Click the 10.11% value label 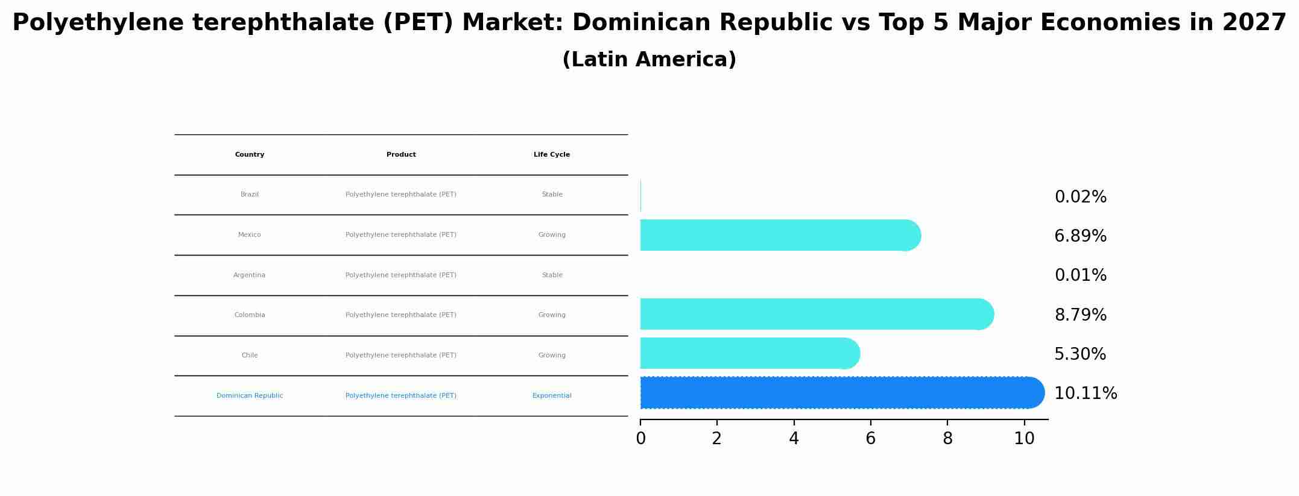tap(1086, 394)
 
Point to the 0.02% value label tap(1080, 197)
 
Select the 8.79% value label tap(1080, 315)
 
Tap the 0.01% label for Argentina tap(1080, 275)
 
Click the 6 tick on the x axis tap(870, 438)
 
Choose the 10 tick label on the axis tap(1024, 438)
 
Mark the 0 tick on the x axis tap(640, 438)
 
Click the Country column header tap(250, 155)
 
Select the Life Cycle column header tap(552, 155)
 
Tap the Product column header tap(401, 155)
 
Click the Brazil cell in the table tap(250, 195)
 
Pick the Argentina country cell tap(250, 275)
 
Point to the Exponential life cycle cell tap(552, 396)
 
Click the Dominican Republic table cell tap(250, 396)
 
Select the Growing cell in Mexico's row tap(552, 235)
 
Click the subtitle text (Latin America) tap(649, 60)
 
